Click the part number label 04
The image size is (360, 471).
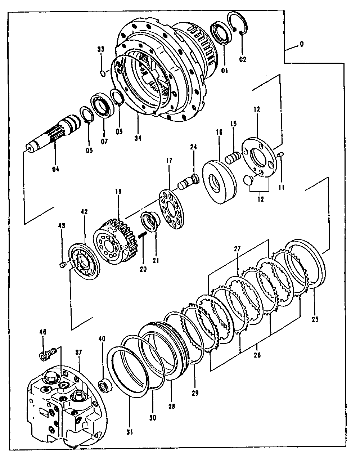click(55, 169)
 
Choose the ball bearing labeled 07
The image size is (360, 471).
click(105, 106)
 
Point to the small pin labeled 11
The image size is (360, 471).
click(282, 154)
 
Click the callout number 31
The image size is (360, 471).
click(129, 431)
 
